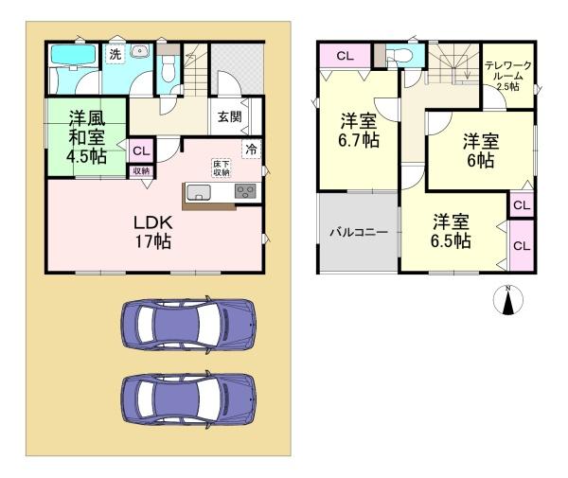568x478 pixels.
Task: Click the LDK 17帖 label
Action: click(151, 232)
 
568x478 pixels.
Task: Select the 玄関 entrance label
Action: click(229, 117)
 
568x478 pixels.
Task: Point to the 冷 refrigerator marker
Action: click(251, 148)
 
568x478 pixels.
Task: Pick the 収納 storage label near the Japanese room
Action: click(140, 170)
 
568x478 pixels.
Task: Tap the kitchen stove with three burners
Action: click(245, 192)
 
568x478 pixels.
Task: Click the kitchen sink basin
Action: click(201, 193)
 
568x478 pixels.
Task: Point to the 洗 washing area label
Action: click(115, 55)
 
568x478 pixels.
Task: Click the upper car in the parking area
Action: click(187, 325)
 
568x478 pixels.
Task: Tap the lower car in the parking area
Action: click(187, 398)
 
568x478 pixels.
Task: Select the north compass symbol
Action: click(508, 300)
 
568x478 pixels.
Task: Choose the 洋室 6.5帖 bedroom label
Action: click(452, 231)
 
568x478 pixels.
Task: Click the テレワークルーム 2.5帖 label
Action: click(508, 73)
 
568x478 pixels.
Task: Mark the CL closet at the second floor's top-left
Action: click(345, 55)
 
